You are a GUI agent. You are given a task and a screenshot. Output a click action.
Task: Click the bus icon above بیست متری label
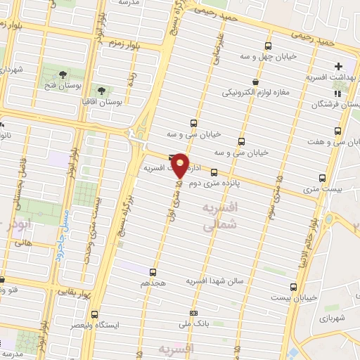pos(323,178)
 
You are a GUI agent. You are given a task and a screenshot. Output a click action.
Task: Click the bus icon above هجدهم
pos(153,271)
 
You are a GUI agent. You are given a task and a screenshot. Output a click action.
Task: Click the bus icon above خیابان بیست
pos(294,286)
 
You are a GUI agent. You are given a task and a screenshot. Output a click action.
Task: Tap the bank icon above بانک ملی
pos(194,314)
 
